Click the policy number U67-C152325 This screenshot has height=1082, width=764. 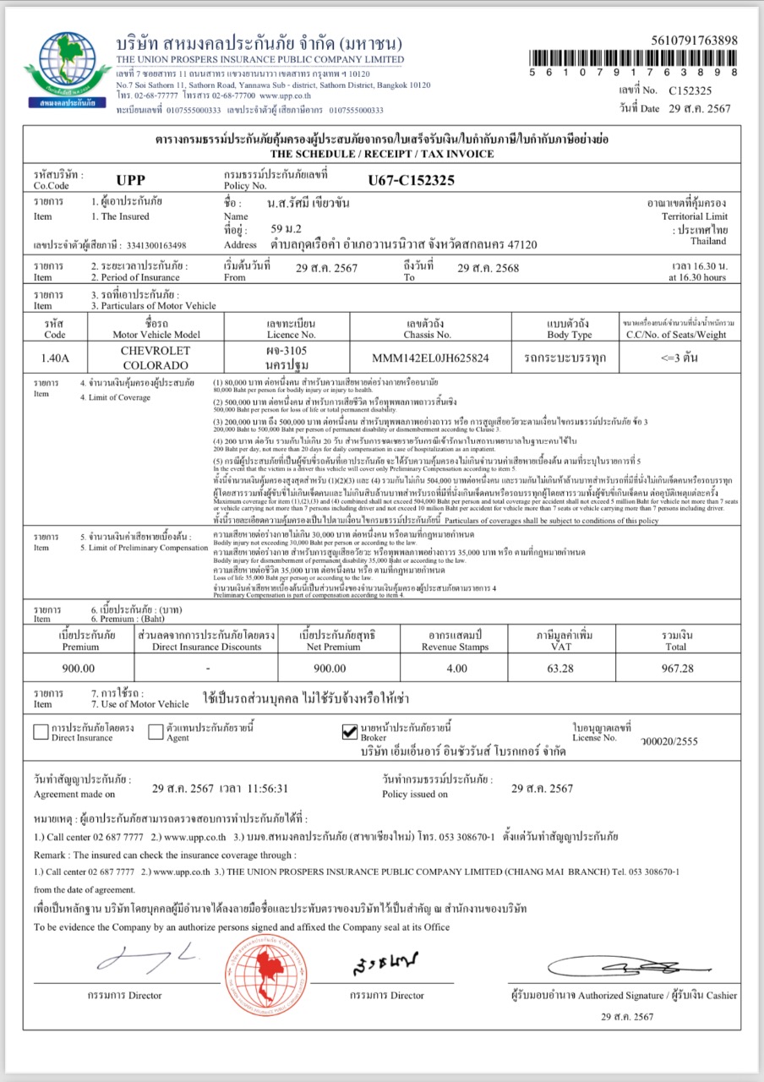tap(411, 179)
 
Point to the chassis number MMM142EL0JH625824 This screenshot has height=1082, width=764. tap(430, 358)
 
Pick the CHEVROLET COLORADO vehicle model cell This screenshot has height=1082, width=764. tap(156, 358)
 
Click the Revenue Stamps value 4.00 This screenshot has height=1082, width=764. tap(456, 668)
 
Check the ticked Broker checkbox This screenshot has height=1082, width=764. tap(350, 731)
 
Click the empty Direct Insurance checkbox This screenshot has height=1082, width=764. tap(41, 731)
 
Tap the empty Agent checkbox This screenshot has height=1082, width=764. tap(156, 731)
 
